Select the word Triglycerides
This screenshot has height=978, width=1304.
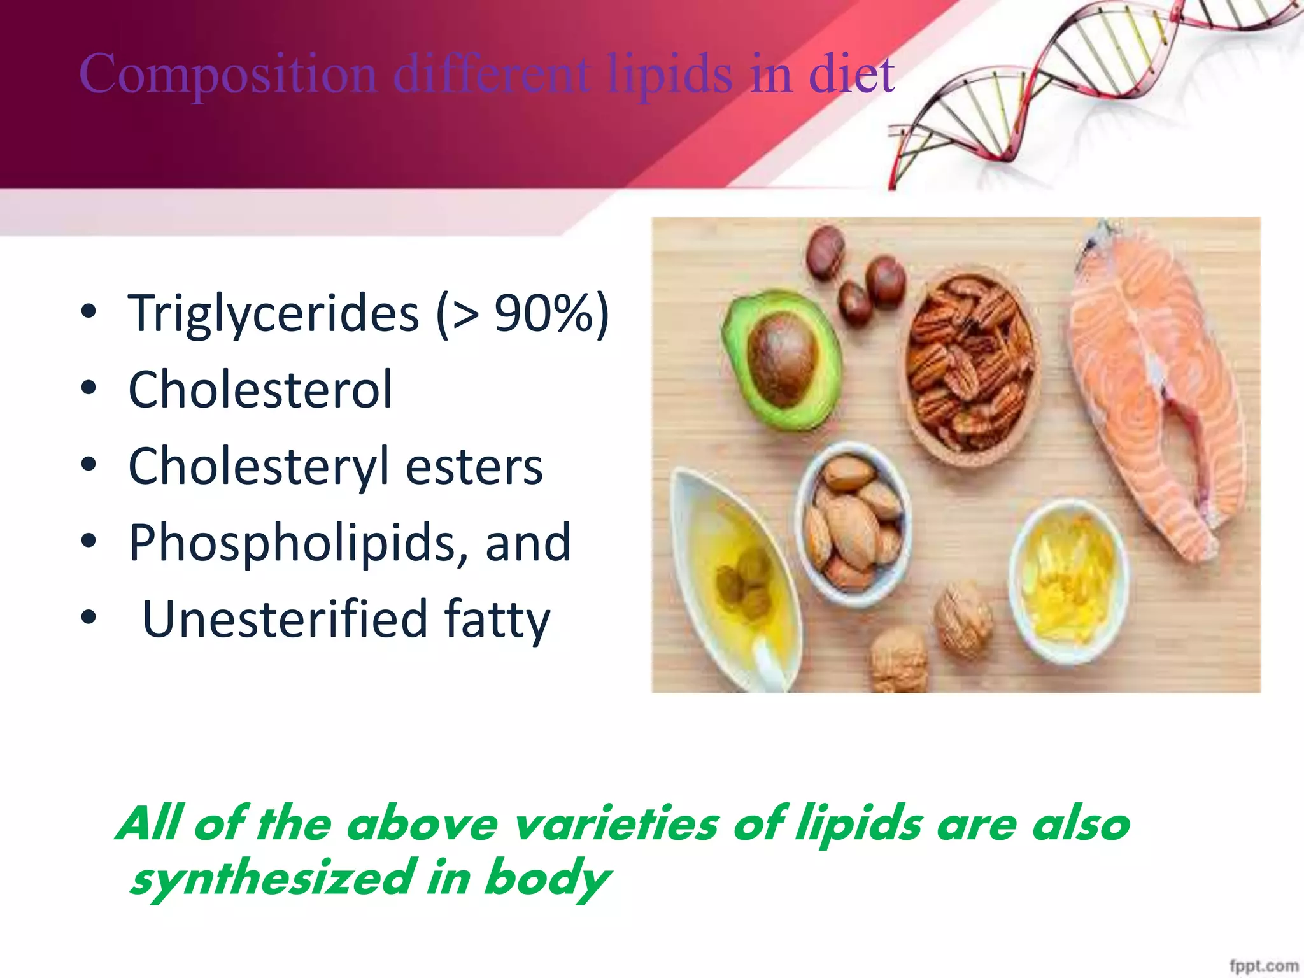[274, 313]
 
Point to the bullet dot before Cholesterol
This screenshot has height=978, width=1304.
[89, 388]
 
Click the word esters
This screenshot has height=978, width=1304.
[474, 466]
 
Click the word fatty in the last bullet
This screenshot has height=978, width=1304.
[497, 619]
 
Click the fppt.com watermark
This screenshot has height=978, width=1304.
[1263, 965]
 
